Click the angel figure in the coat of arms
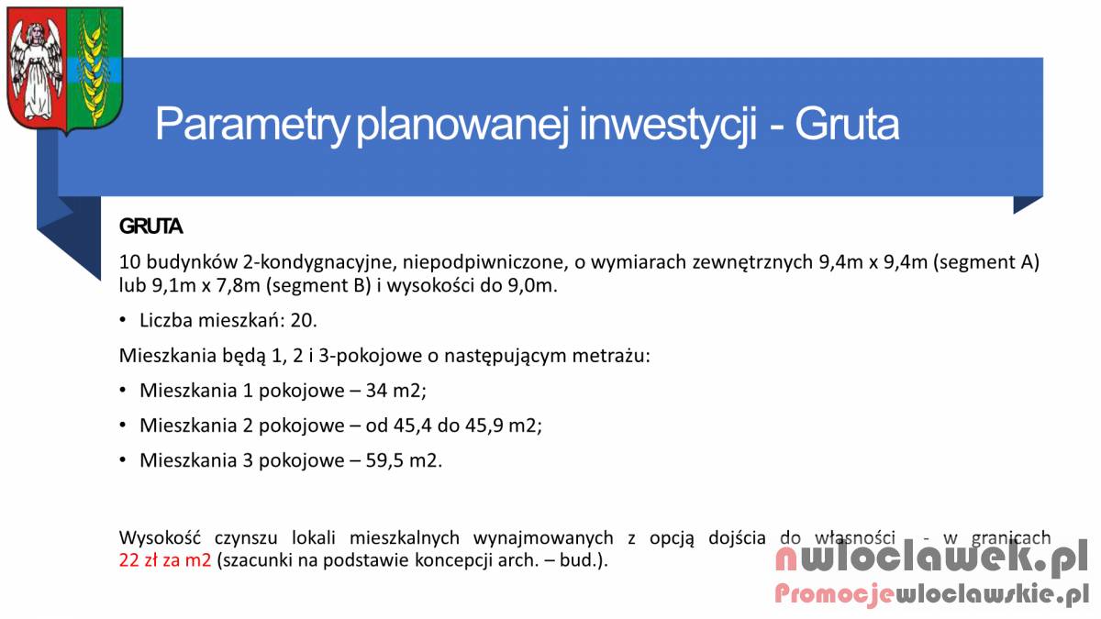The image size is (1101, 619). coord(36,69)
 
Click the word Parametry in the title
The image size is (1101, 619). coord(251,125)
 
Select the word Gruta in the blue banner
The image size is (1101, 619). coord(847,125)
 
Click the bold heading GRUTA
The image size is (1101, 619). coord(150,227)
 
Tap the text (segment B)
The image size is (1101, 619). coord(318,285)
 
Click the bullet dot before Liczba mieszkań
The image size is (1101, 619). coord(123,320)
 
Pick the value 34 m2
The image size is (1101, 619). coord(395,391)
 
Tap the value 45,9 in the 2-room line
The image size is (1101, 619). coord(484,426)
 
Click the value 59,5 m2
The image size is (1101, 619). coord(404,460)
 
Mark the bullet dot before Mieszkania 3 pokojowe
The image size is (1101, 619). coord(123,460)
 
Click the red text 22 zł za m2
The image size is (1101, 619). coord(165,560)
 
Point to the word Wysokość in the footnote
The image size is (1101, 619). coord(161,538)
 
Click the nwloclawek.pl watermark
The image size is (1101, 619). coord(930,558)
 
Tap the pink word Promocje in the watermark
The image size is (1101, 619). coord(834,594)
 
